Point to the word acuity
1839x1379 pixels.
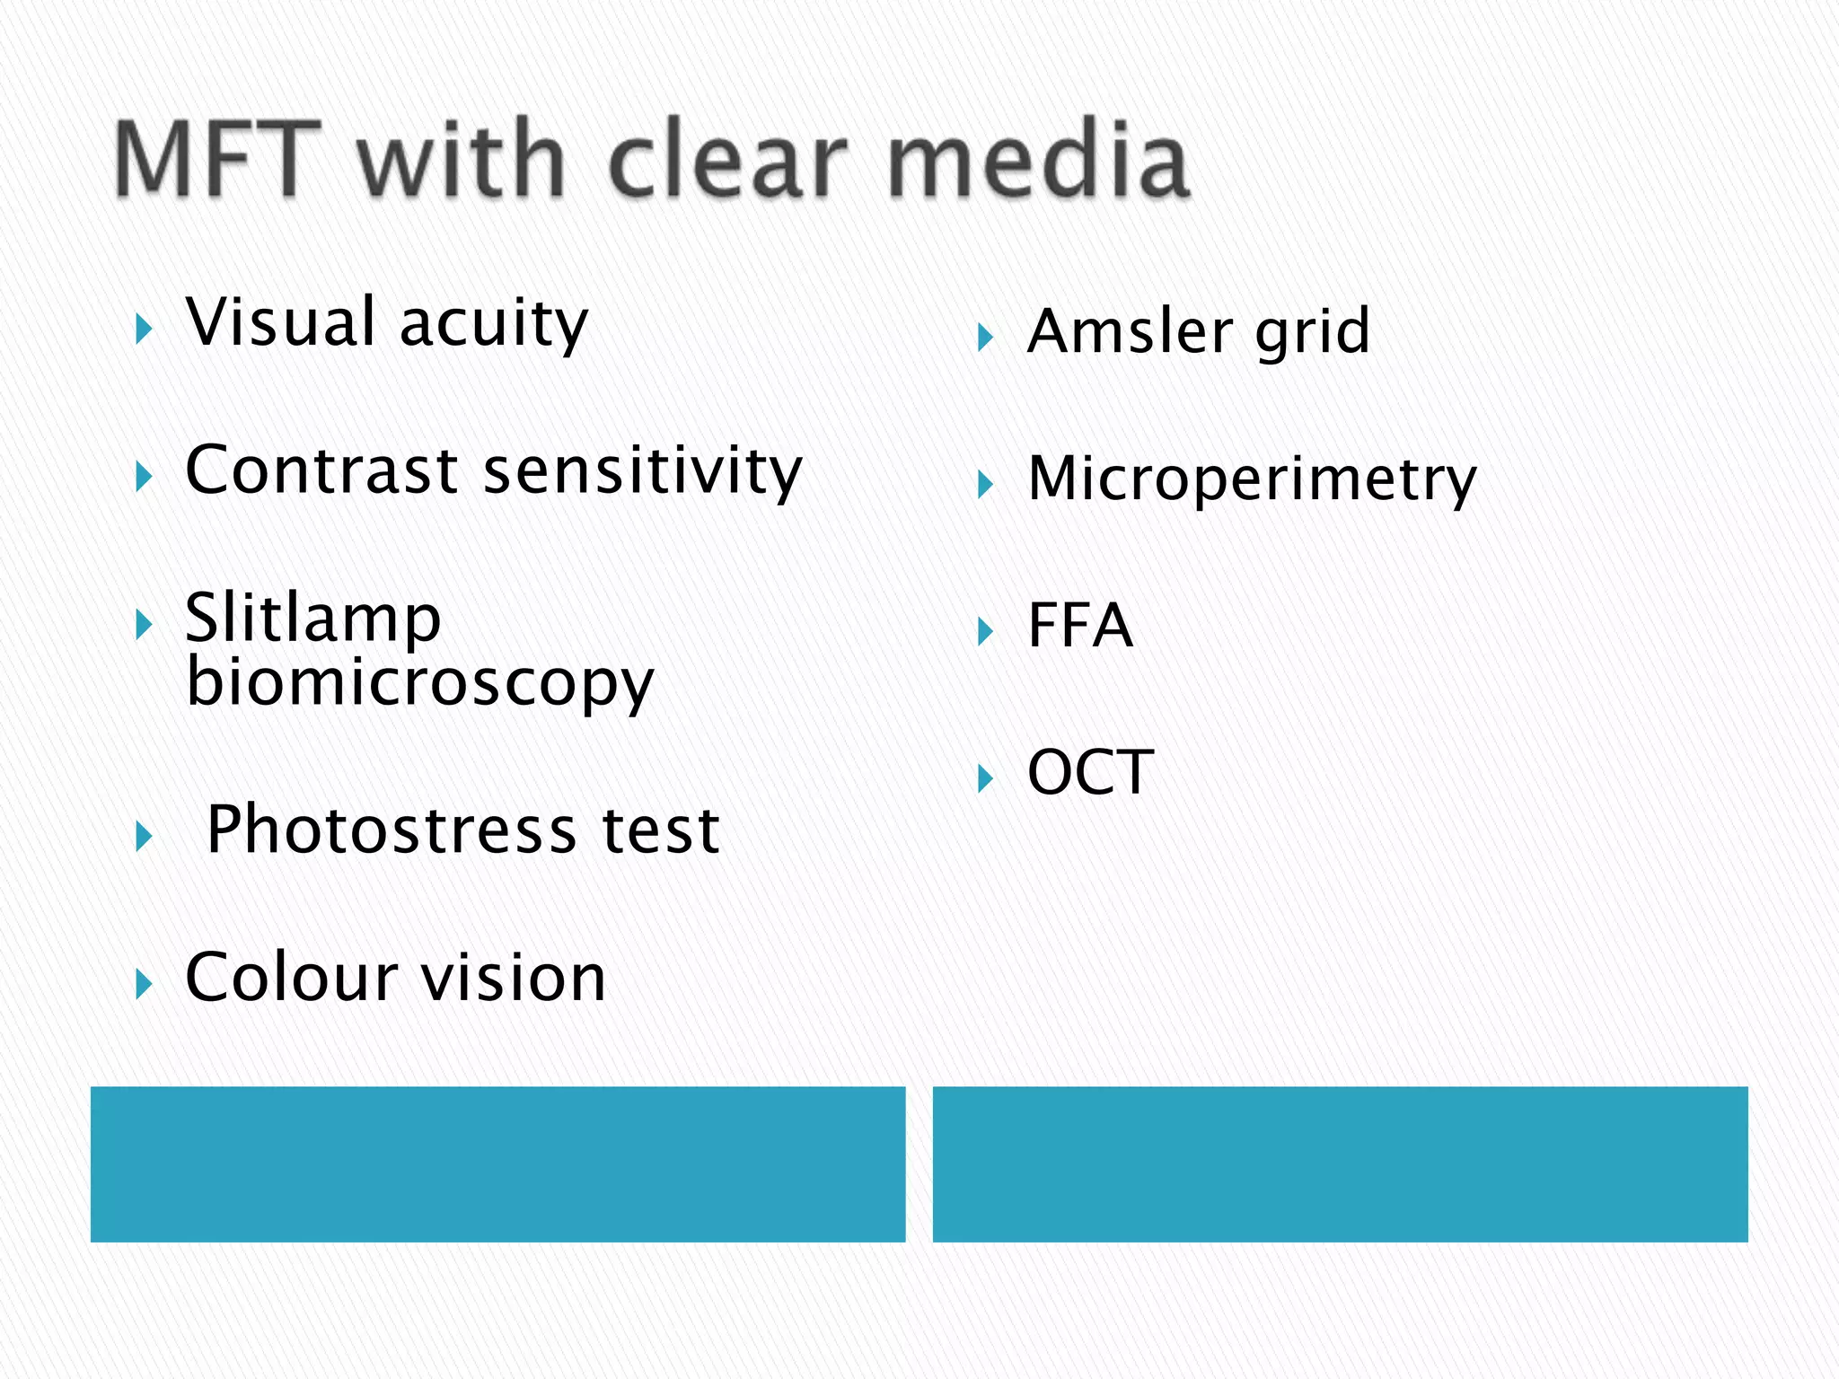(494, 325)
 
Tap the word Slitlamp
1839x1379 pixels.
(312, 619)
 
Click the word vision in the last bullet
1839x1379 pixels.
(514, 977)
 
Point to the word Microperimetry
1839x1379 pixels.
(1252, 479)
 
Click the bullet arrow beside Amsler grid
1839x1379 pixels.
(986, 338)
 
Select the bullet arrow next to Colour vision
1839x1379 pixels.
(144, 985)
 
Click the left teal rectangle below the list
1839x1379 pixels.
(497, 1164)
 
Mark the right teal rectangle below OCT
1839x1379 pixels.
(1340, 1164)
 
